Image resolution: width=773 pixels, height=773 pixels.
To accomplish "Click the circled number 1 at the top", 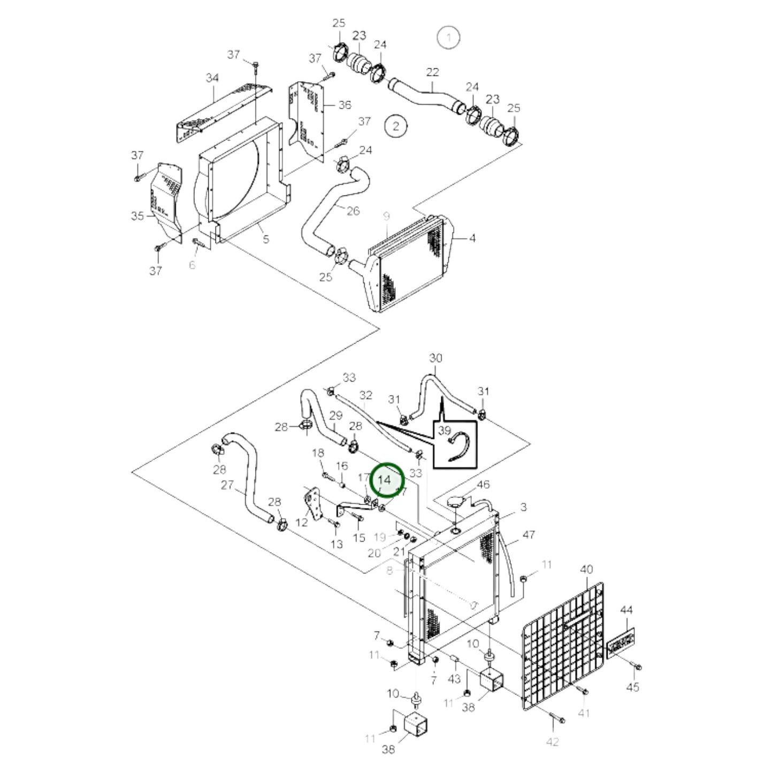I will point(448,37).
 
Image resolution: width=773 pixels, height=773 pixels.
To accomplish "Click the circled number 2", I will point(396,126).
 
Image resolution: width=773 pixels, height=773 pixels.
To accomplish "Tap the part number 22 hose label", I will point(432,72).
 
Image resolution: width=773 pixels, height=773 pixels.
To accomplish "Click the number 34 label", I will point(212,78).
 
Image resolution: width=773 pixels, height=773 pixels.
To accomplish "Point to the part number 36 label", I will point(345,105).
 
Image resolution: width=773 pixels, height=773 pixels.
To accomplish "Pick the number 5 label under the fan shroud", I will point(266,239).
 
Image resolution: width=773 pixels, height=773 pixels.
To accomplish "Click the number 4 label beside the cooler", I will point(472,238).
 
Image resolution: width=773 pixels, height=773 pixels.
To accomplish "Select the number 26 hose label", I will point(353,211).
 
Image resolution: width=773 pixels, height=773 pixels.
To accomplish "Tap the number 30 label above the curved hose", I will point(436,358).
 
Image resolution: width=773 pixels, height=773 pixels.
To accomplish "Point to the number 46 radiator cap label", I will point(483,485).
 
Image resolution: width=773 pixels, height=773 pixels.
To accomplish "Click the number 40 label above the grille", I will point(586,569).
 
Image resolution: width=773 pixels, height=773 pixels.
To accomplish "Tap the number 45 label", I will point(632,686).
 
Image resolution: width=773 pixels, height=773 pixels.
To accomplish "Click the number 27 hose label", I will point(228,485).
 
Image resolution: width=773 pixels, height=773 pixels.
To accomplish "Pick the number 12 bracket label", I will point(302,522).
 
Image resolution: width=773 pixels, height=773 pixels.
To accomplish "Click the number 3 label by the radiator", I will point(523,507).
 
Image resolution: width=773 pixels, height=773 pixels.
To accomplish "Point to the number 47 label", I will point(529,534).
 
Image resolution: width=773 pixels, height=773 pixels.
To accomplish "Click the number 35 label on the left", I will point(137,216).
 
